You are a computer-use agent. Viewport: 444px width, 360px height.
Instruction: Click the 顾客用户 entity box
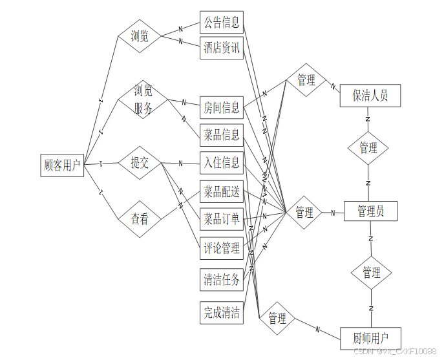click(62, 165)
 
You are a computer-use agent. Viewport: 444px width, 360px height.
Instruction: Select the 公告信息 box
click(222, 23)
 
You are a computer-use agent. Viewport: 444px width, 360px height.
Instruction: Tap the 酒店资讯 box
click(222, 48)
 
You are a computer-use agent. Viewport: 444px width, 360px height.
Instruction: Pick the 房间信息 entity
click(222, 107)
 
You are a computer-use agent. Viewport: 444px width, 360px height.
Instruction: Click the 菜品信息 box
click(222, 134)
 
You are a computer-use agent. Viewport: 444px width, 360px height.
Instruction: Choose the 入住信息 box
click(222, 162)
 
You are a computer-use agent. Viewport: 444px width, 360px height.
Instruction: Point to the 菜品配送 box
click(222, 191)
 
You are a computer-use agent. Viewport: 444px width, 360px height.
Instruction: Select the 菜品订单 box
click(222, 218)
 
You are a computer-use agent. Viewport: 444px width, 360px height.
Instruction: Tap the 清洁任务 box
click(222, 279)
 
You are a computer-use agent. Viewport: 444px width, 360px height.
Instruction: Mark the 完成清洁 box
click(222, 313)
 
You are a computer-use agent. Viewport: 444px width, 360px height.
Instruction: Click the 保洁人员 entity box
click(370, 96)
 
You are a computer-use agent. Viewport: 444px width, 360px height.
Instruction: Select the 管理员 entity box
click(370, 211)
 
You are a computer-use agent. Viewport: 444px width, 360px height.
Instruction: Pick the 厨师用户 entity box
click(371, 338)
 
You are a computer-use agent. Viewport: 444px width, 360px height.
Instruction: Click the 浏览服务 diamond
click(143, 100)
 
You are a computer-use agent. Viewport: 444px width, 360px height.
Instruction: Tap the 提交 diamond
click(140, 163)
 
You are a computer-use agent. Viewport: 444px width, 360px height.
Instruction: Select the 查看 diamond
click(140, 219)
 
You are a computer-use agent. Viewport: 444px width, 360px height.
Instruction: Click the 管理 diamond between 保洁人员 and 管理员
click(368, 148)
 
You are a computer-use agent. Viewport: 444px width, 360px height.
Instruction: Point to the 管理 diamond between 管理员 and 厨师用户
click(371, 272)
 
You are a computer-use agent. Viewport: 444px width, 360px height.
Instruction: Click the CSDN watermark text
click(396, 350)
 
